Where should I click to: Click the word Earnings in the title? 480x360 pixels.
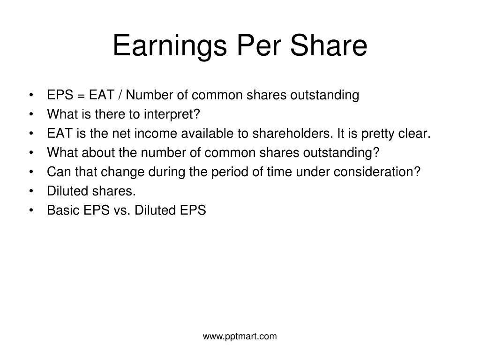coord(170,46)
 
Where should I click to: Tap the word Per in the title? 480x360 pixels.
coord(259,45)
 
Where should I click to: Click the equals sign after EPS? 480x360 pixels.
coord(81,96)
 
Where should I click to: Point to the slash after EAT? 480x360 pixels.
coord(120,95)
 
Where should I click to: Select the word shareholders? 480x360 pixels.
coord(292,133)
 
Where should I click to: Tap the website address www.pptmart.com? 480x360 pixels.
coord(240,337)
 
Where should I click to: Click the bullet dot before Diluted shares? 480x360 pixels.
coord(31,191)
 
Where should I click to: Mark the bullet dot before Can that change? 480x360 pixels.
coord(31,172)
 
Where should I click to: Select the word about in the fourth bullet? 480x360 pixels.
coord(98,152)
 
